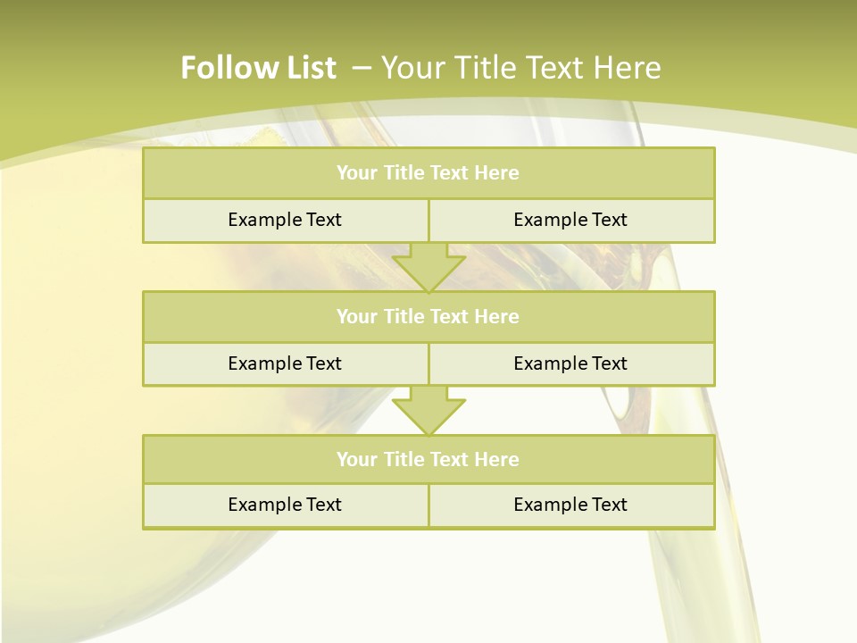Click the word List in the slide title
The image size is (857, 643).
coord(305,68)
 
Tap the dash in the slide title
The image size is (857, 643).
coord(362,68)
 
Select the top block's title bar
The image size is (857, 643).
coord(428,173)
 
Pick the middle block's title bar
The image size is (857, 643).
coord(428,316)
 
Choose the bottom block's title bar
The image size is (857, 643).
coord(428,459)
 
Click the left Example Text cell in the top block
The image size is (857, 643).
coord(285,220)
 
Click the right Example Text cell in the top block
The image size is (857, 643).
coord(570,220)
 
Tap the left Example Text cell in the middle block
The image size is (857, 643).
coord(285,363)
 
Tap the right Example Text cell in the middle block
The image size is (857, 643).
coord(570,363)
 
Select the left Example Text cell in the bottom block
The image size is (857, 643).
coord(285,505)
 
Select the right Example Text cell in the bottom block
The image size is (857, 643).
coord(570,505)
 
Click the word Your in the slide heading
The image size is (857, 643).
coord(412,68)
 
